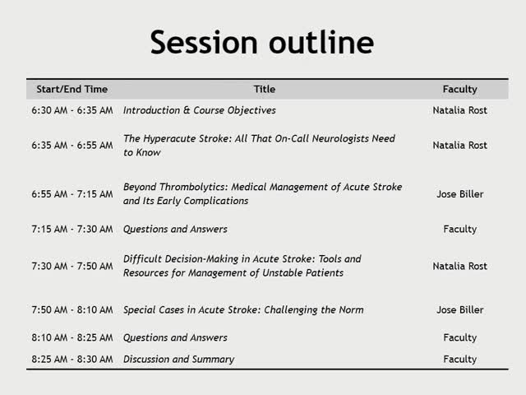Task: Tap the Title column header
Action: [265, 89]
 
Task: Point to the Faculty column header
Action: [459, 89]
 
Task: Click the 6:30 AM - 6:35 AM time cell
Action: [72, 110]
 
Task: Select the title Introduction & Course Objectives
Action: [200, 110]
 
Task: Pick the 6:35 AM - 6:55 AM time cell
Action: [72, 146]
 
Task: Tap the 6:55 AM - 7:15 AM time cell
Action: [72, 194]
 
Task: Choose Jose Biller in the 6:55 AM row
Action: [459, 194]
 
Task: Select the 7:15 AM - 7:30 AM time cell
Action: [72, 230]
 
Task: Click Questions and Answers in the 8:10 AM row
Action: [175, 337]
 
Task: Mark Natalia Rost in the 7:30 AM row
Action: [459, 266]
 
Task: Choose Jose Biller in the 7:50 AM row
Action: [459, 310]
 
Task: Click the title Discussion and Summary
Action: [178, 359]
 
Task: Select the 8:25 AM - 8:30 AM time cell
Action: [72, 359]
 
